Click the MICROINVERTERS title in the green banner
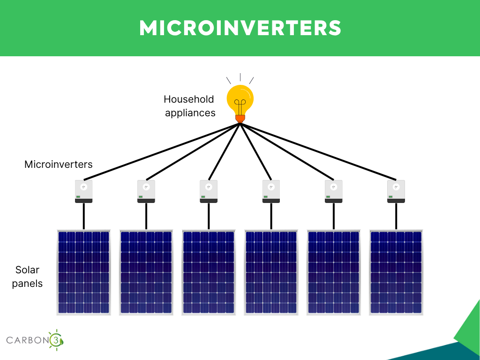click(x=240, y=28)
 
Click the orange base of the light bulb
click(x=240, y=119)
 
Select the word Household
click(x=188, y=99)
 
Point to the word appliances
click(x=190, y=113)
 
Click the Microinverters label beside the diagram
click(x=59, y=165)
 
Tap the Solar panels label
click(x=27, y=277)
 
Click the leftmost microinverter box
click(x=83, y=191)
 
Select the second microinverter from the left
click(x=146, y=191)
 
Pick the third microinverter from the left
click(x=209, y=191)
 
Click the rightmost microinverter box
click(x=396, y=191)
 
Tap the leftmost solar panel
click(x=83, y=272)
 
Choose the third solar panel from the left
click(x=209, y=272)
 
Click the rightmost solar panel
click(x=396, y=272)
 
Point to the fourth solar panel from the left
click(x=271, y=272)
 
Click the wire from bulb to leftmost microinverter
click(x=162, y=151)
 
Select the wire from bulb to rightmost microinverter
click(x=318, y=151)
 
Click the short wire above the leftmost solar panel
click(x=83, y=216)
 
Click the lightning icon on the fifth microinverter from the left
click(x=333, y=187)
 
